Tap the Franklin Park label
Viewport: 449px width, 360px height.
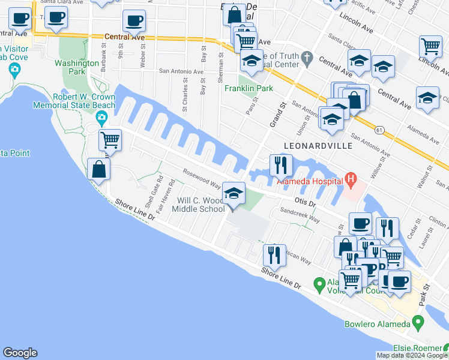click(x=249, y=88)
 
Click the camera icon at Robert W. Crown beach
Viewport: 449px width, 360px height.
click(x=101, y=117)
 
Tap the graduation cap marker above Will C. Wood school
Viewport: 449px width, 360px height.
click(x=234, y=193)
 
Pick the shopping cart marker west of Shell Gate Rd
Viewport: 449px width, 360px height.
click(x=110, y=140)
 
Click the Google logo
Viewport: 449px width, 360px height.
click(x=20, y=353)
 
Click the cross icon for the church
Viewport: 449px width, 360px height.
click(x=307, y=58)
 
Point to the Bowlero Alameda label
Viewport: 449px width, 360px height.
click(x=379, y=325)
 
